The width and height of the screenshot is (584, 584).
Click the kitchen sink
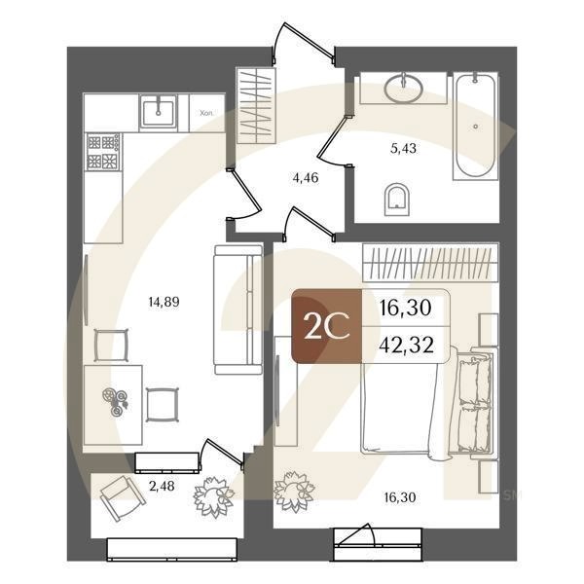point(156,112)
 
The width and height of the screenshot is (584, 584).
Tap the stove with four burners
point(103,152)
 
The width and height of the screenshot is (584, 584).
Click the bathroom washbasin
point(399,89)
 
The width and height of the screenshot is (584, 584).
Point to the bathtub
point(475,127)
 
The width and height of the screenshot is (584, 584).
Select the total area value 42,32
point(405,345)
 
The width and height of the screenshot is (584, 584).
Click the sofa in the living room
point(237,309)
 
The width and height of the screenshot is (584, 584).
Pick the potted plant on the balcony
point(213,497)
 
